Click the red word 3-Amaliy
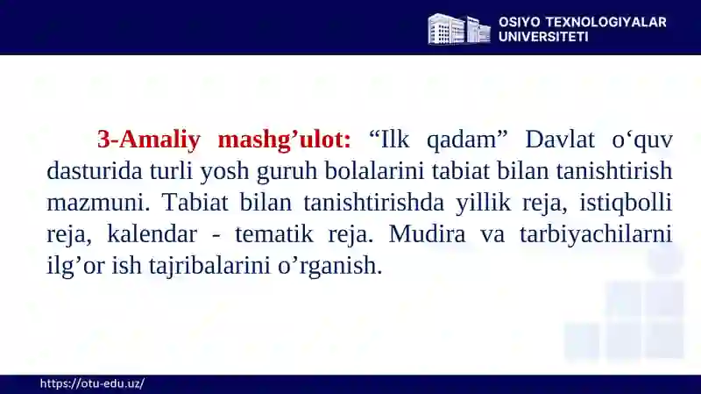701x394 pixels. point(148,140)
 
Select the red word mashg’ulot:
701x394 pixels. point(284,140)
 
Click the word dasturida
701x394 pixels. point(95,171)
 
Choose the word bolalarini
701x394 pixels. point(374,171)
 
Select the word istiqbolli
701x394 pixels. point(626,204)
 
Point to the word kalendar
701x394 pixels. point(152,234)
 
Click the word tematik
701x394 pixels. point(274,234)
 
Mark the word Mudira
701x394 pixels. point(427,233)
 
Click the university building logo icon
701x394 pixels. point(459,29)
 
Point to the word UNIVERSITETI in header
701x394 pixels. point(543,37)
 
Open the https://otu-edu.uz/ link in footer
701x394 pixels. point(92,383)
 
